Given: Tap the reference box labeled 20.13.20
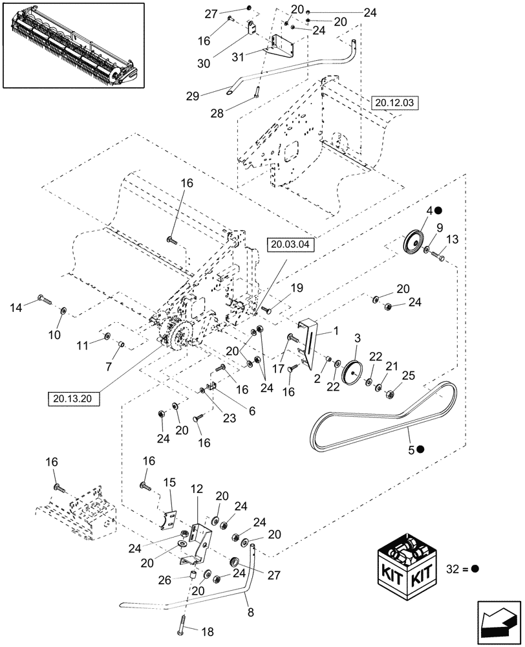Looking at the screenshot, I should pyautogui.click(x=73, y=398).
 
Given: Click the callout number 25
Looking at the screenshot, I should pyautogui.click(x=408, y=376).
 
